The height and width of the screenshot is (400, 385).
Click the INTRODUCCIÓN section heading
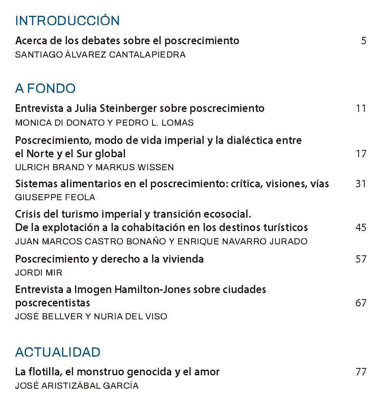click(x=67, y=21)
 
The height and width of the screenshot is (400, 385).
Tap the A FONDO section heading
click(x=45, y=88)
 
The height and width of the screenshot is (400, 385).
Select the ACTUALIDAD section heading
click(x=58, y=352)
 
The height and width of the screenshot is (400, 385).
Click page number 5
click(x=363, y=41)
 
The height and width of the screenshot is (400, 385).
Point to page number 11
click(x=361, y=108)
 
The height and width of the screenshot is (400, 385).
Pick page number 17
click(x=361, y=154)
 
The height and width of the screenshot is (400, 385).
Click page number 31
click(x=361, y=184)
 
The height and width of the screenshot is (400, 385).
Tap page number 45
click(x=361, y=227)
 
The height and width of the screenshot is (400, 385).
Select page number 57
click(x=361, y=259)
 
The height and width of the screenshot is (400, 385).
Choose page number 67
click(x=361, y=303)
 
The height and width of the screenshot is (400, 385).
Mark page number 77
click(x=361, y=372)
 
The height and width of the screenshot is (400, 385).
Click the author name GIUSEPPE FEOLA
click(x=55, y=197)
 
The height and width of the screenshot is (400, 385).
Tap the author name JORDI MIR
click(x=39, y=273)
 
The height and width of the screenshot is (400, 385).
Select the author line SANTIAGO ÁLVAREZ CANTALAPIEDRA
click(x=100, y=55)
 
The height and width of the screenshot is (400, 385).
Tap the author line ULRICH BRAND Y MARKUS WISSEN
click(x=94, y=167)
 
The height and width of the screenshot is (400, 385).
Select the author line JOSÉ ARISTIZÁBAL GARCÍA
click(x=77, y=385)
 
